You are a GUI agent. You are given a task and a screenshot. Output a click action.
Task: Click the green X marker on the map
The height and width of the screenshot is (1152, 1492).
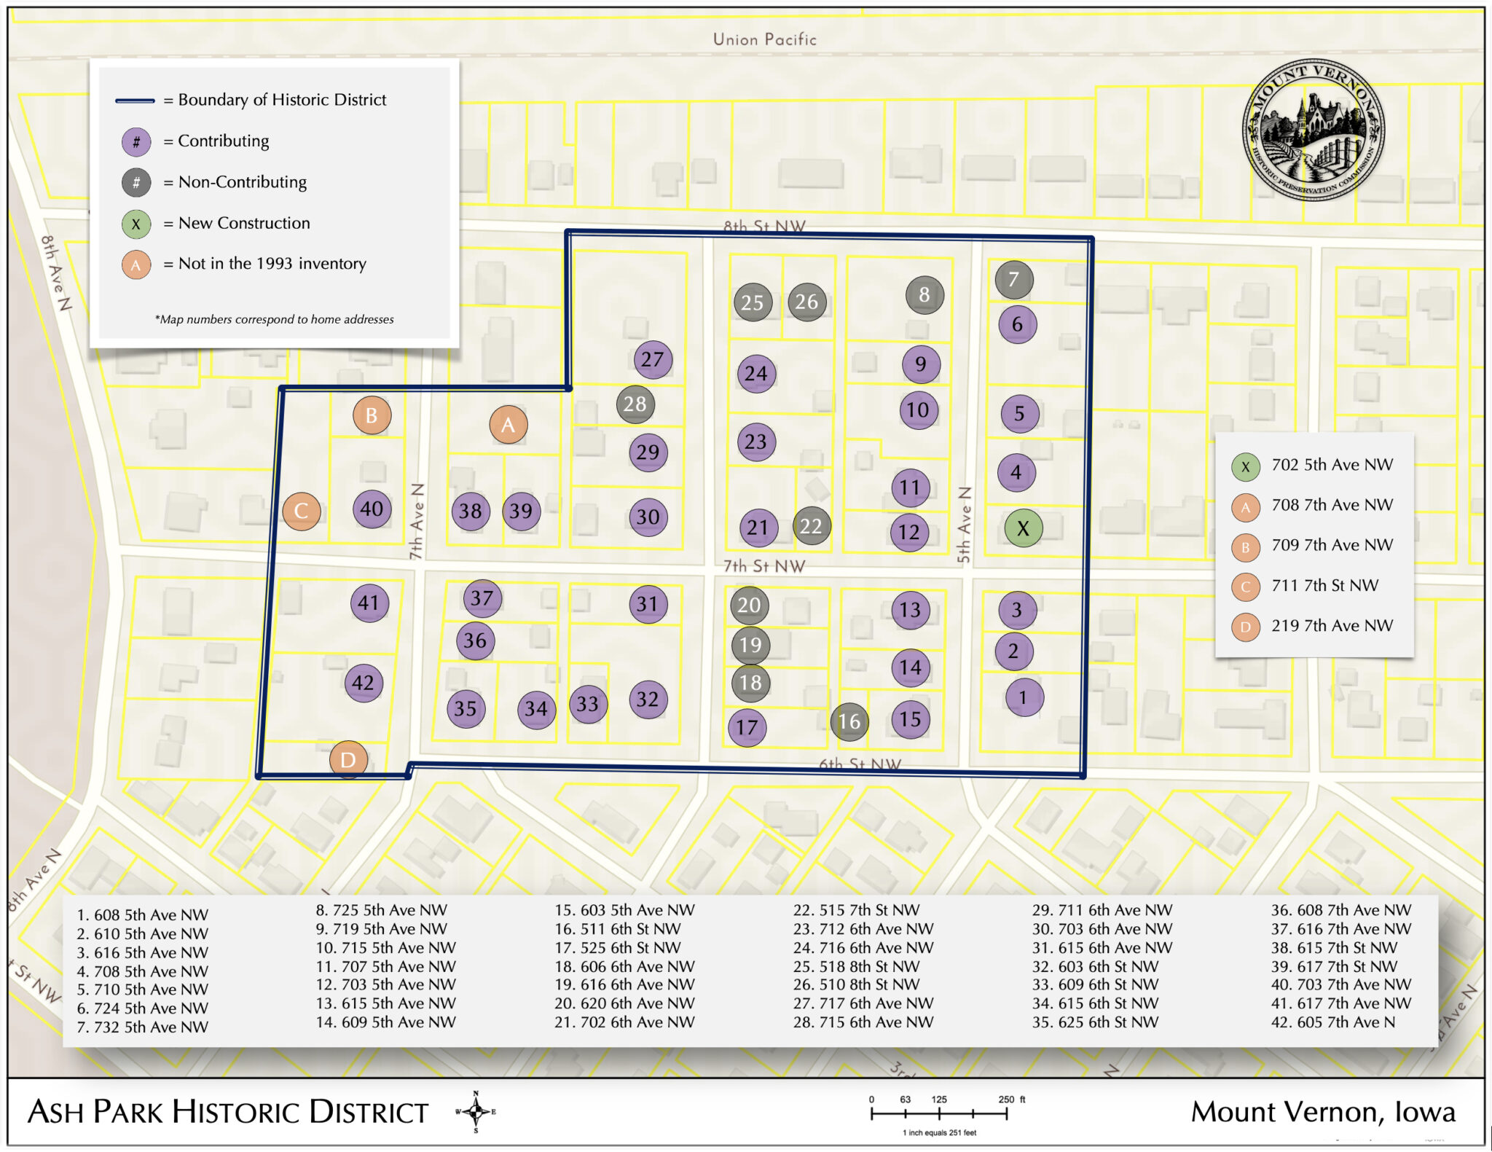(x=1023, y=528)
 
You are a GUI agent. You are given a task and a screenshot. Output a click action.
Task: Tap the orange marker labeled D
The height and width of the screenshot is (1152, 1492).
(x=348, y=759)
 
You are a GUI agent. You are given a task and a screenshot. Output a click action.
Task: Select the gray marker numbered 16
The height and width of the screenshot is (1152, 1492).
(x=849, y=721)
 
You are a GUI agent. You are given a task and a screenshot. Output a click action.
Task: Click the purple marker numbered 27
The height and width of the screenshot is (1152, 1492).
(x=652, y=359)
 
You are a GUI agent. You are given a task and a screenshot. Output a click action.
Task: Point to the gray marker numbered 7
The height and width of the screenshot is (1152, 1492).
(x=1013, y=279)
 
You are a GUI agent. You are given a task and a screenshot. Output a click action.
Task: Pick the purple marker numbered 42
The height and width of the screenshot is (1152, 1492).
(x=364, y=683)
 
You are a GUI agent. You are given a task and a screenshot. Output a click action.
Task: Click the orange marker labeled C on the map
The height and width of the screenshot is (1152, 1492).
(x=301, y=511)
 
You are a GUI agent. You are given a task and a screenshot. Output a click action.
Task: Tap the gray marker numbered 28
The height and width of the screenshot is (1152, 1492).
(x=635, y=404)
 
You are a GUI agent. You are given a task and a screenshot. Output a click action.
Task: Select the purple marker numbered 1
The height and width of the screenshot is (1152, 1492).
(x=1024, y=697)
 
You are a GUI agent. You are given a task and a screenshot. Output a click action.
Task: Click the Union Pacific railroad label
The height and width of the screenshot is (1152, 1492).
(x=764, y=39)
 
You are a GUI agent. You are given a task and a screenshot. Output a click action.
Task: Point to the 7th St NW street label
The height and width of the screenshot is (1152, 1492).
(x=763, y=566)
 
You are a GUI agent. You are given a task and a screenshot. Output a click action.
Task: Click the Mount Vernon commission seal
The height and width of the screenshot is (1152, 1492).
(x=1314, y=130)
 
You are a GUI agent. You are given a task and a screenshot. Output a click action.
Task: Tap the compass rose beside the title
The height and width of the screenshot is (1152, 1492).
(x=476, y=1112)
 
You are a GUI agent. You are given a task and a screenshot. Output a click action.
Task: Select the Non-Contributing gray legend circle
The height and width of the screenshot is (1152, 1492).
(x=136, y=182)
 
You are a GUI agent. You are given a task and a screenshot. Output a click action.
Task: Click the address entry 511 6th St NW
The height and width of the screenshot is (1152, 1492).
(x=618, y=929)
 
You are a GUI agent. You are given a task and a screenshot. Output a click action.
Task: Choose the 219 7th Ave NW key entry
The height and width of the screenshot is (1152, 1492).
(x=1332, y=626)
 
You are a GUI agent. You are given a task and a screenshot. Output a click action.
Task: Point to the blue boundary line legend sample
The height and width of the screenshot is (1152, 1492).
(x=135, y=101)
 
